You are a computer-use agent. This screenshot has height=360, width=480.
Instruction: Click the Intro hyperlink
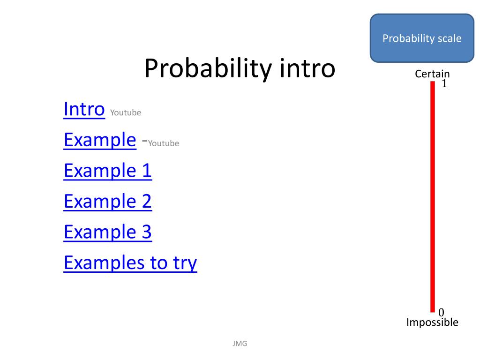pos(84,109)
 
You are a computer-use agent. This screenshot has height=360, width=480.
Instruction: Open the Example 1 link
pos(108,171)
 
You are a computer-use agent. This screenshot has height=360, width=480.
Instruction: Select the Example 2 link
pos(108,202)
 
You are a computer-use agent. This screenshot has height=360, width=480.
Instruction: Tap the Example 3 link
pos(108,232)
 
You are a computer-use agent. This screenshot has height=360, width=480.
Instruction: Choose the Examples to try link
pos(130,263)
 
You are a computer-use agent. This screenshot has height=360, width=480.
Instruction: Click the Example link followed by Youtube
pos(100,140)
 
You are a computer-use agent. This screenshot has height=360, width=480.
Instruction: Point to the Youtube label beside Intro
pos(126,112)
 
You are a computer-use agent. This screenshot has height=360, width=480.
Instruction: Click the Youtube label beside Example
pos(164,143)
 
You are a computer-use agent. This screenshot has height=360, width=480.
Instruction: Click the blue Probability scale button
pos(422,38)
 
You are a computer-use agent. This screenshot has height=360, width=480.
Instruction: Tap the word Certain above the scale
pos(432,74)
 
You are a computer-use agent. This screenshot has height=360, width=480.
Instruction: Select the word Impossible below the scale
pos(432,322)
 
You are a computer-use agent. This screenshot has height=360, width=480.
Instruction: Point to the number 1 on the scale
pos(444,83)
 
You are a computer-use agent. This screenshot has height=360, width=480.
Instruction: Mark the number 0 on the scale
pos(441,312)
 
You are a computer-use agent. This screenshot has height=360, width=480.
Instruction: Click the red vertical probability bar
pos(433,197)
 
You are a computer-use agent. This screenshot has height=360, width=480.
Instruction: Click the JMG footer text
pos(240,344)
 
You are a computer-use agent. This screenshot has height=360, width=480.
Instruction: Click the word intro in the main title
pos(307,68)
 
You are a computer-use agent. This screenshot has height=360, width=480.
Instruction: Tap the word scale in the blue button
pos(450,38)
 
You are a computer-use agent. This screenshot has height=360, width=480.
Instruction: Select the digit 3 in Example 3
pos(147,232)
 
